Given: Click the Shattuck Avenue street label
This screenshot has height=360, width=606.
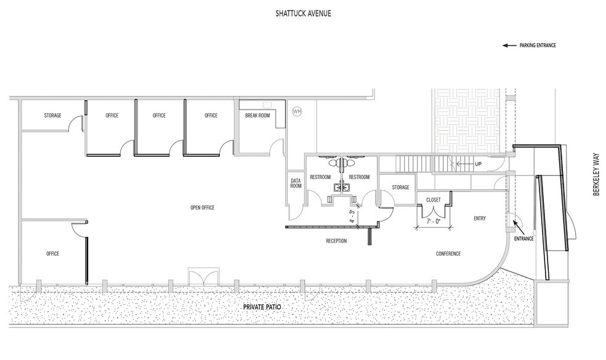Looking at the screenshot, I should [303, 13].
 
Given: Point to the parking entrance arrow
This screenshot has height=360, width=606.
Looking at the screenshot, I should [509, 45].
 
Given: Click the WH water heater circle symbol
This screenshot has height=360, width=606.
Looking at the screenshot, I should [297, 111].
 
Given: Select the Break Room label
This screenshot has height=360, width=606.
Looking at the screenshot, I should [257, 115].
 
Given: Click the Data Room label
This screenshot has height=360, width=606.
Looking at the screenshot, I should [296, 183].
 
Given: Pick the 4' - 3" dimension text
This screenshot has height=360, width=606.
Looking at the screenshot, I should [352, 217].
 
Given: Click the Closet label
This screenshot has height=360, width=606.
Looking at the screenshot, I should [433, 200].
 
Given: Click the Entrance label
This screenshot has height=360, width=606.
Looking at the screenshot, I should [524, 238].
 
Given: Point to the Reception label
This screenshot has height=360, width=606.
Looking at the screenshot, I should [336, 241].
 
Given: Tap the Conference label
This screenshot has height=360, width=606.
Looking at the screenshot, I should [448, 254].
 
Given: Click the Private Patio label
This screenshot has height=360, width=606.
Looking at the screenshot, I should [261, 306].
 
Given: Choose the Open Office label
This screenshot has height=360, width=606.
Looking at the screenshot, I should [203, 208].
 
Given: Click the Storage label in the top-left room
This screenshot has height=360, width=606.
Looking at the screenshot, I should [52, 115].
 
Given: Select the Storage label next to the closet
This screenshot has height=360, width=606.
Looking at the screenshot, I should [400, 187].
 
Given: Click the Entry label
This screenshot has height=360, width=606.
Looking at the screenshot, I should [480, 218].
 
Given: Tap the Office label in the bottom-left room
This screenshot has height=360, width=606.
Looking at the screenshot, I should [52, 254].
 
